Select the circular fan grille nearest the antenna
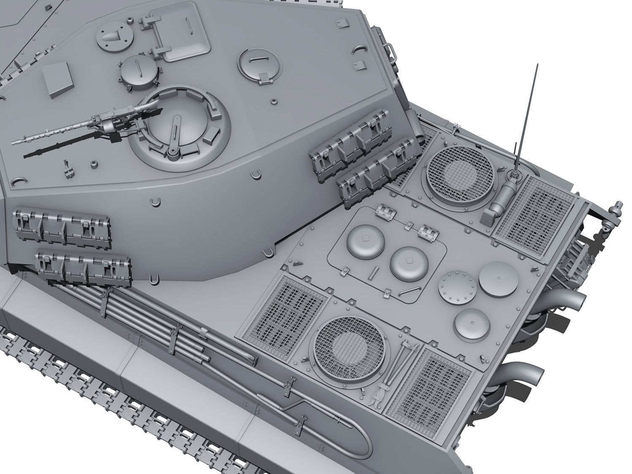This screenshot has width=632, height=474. click(460, 173)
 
